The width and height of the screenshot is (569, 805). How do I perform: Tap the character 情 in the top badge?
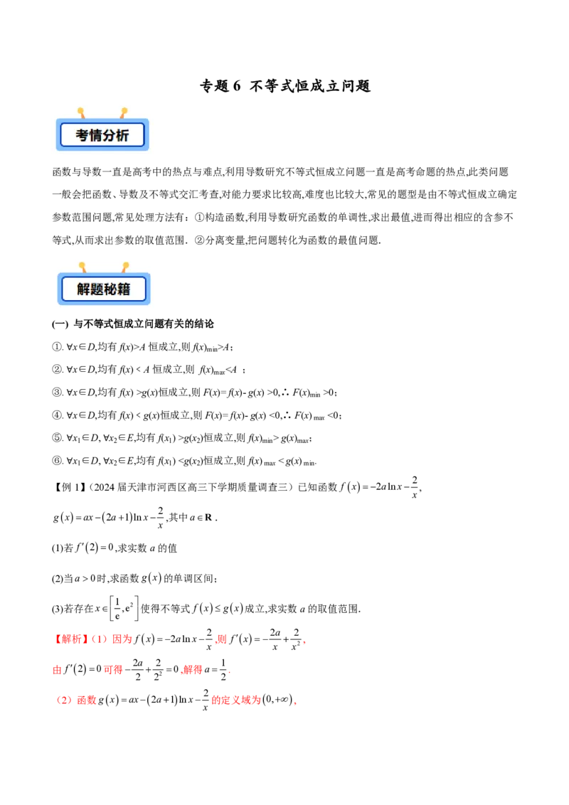tap(96, 135)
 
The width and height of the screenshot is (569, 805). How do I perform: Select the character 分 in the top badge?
tap(110, 135)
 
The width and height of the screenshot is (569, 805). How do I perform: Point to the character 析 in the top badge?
tap(122, 135)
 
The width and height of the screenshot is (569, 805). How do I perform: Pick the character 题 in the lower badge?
tap(97, 289)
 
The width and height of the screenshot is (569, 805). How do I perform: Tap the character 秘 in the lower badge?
tap(110, 289)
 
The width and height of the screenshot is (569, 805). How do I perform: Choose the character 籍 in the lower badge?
tap(124, 289)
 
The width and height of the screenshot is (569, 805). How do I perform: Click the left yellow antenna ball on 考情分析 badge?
tap(80, 111)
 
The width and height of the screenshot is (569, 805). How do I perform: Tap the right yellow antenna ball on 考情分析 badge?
tap(124, 111)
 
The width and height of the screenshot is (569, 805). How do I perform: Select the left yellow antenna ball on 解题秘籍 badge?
tap(82, 265)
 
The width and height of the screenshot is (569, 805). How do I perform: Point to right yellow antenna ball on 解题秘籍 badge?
tap(126, 265)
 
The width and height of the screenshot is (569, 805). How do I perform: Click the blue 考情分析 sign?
tap(102, 134)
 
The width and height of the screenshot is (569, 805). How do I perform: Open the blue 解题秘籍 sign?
tap(103, 289)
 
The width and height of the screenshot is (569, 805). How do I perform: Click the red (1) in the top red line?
tap(99, 639)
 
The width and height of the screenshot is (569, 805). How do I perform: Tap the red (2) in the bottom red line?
tap(65, 700)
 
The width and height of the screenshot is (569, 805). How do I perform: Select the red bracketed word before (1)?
tap(71, 639)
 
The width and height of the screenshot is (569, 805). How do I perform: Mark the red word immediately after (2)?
tap(87, 700)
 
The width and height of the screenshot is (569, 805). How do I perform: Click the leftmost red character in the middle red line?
tap(57, 670)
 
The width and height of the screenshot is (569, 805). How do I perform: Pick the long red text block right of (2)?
tap(236, 700)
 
